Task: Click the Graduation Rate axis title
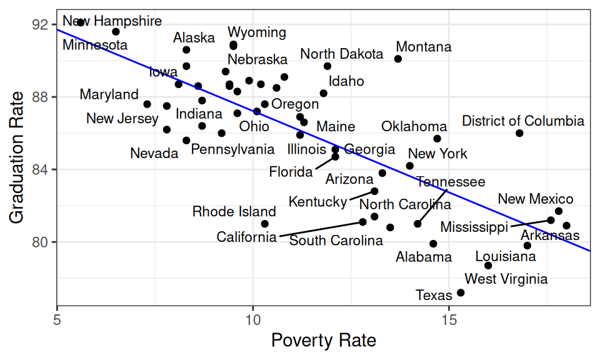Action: [x=17, y=157]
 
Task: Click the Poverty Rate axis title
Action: [x=323, y=341]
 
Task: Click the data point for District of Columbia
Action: [x=519, y=133]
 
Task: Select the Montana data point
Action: [x=398, y=59]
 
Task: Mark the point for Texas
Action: [x=461, y=292]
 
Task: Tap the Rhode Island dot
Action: [x=265, y=224]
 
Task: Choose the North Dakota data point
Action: [x=327, y=66]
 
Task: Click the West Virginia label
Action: [x=506, y=279]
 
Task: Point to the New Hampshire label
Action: [x=112, y=21]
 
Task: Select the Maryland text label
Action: [x=109, y=95]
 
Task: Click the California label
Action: [x=246, y=237]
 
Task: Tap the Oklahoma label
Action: [x=414, y=127]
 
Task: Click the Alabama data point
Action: [x=433, y=244]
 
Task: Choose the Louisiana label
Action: [x=506, y=256]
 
